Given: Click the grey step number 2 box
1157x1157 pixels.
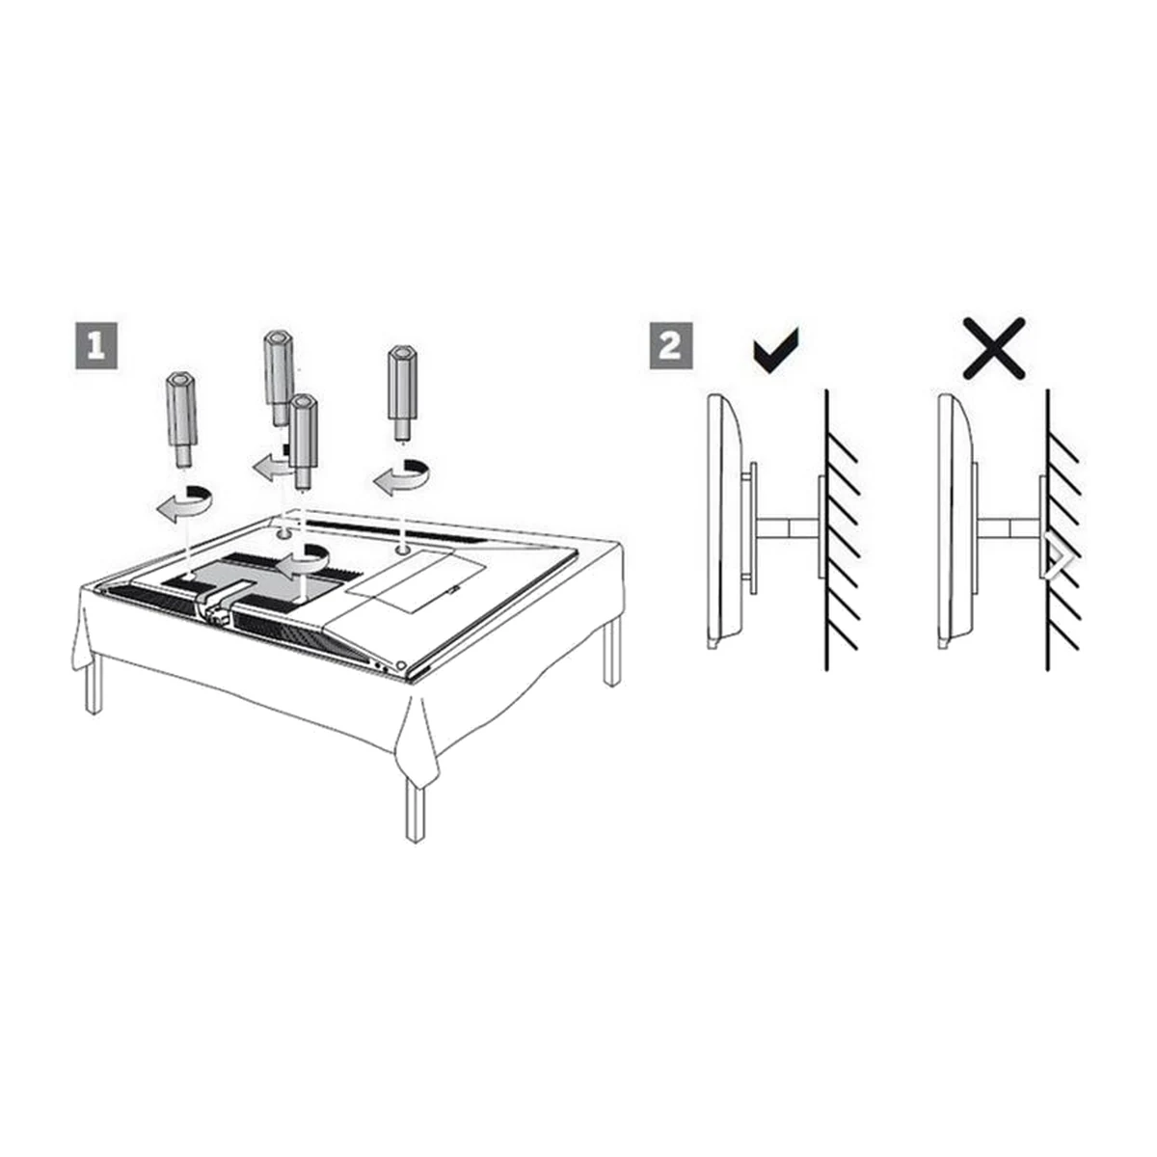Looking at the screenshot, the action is (x=670, y=346).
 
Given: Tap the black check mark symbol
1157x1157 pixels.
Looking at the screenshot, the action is (x=776, y=351).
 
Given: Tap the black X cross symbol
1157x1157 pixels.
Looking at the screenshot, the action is (x=994, y=348).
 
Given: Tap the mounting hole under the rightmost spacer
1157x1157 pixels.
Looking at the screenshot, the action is (x=403, y=549).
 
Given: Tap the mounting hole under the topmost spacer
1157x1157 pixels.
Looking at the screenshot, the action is (x=284, y=532).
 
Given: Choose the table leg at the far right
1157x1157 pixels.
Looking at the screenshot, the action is (x=612, y=654).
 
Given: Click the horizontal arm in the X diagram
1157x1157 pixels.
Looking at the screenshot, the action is (x=1009, y=527).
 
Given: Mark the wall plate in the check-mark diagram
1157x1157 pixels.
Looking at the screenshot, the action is (x=822, y=526).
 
